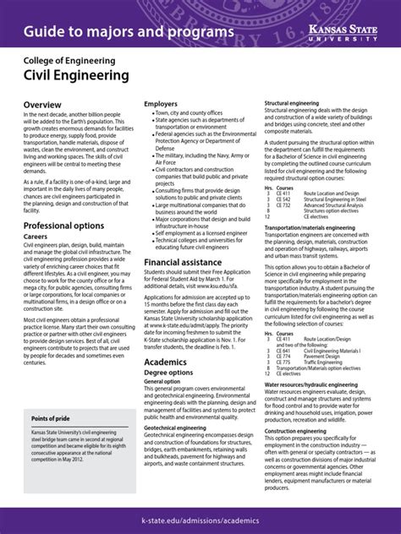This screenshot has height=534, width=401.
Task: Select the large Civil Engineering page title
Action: click(x=76, y=75)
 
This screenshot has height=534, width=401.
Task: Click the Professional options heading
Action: click(x=63, y=226)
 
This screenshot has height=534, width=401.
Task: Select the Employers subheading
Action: click(x=161, y=104)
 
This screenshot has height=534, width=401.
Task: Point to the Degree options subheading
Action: click(x=174, y=373)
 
